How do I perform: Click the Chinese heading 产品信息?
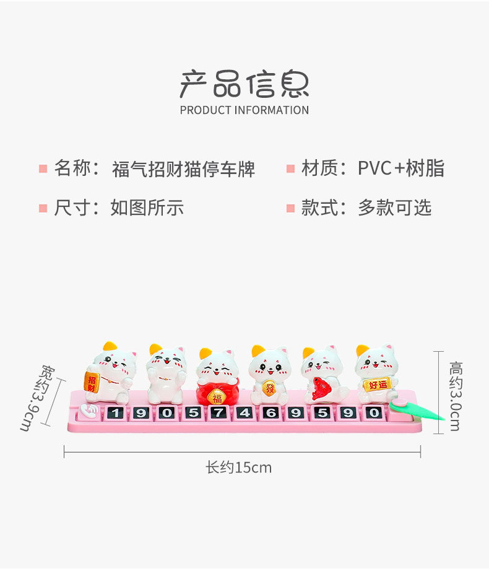(x=244, y=84)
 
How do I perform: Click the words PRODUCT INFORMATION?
(x=244, y=110)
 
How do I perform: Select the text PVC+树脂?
(x=400, y=168)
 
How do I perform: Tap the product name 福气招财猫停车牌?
(x=183, y=169)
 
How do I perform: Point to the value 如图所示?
(x=147, y=207)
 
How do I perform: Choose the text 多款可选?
(x=394, y=207)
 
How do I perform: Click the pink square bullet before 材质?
(x=290, y=169)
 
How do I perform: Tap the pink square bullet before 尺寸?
(x=43, y=208)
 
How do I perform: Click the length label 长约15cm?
(x=238, y=468)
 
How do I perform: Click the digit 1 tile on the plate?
(x=113, y=412)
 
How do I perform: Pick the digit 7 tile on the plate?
(x=217, y=412)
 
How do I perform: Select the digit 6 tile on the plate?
(x=269, y=412)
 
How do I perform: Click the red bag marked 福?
(x=217, y=395)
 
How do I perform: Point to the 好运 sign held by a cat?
(x=377, y=385)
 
